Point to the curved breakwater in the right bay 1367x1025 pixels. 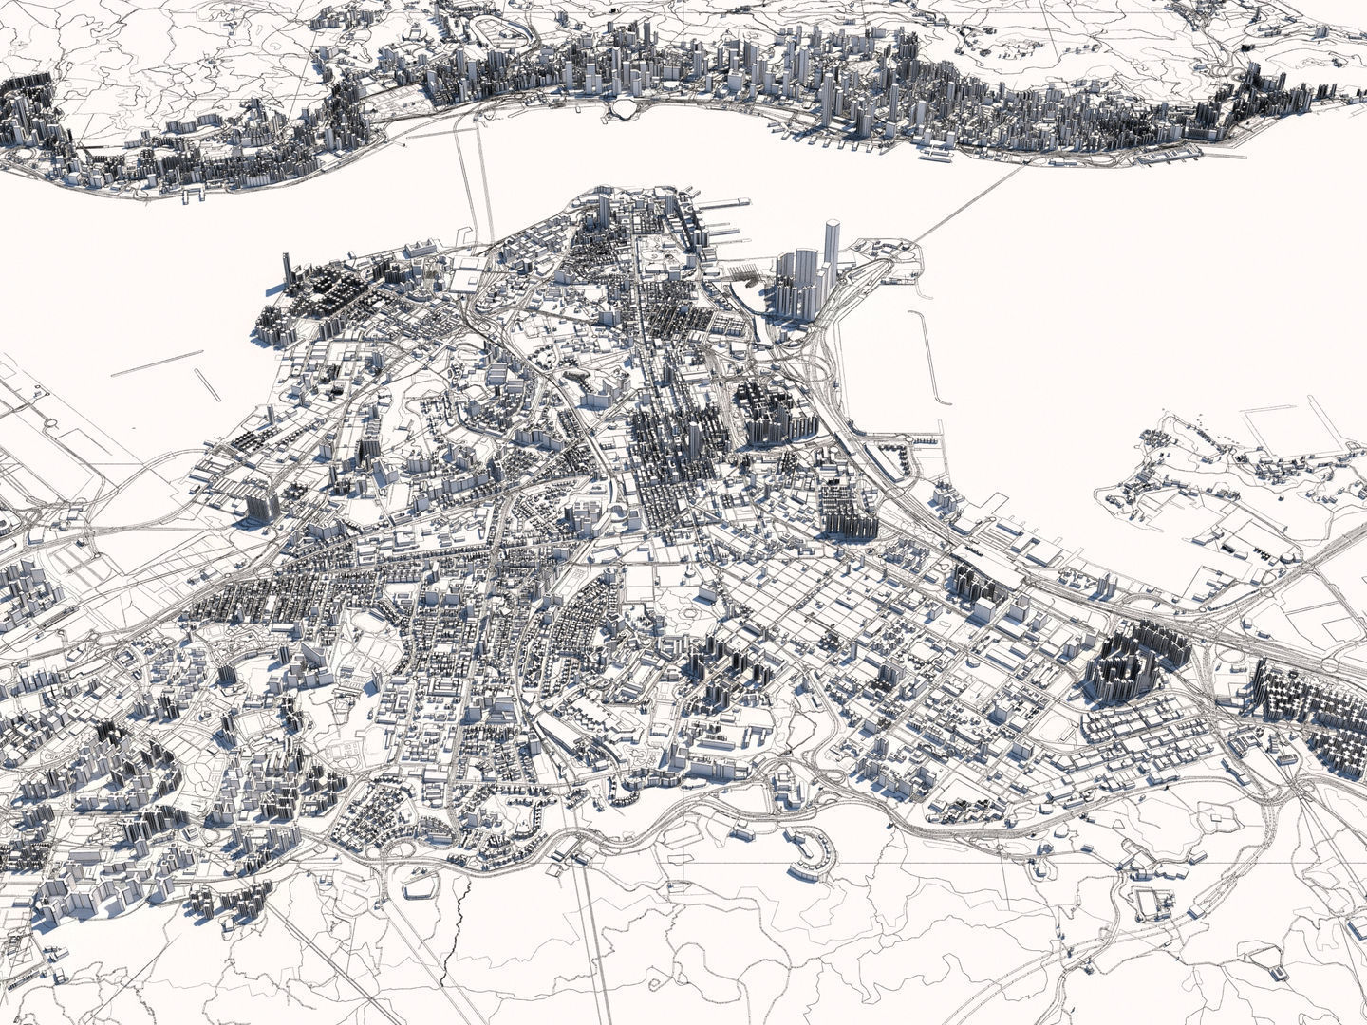[x=927, y=357]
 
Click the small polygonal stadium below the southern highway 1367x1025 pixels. [x=423, y=886]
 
